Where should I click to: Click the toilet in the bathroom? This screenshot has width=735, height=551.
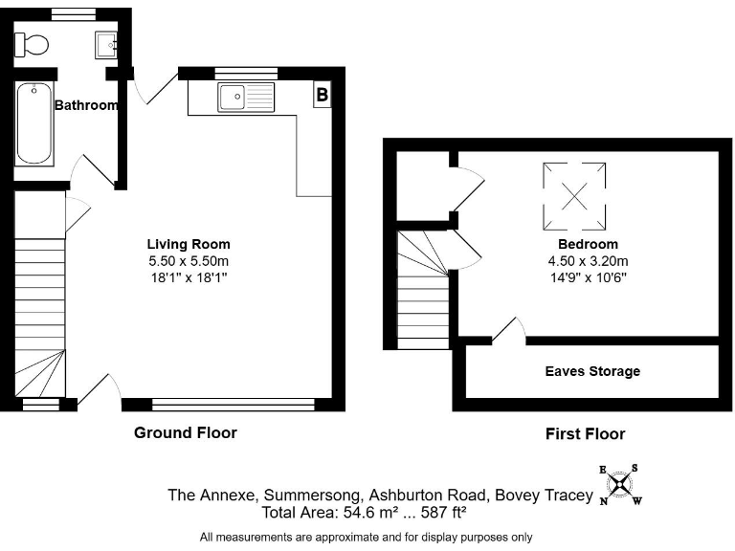tap(32, 45)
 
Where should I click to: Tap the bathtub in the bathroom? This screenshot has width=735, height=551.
tap(33, 123)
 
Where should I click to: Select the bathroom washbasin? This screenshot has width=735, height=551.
tap(106, 45)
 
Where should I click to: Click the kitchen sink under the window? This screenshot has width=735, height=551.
tap(246, 98)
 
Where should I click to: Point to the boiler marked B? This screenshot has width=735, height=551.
tap(322, 94)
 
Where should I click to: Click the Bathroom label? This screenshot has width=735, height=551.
tap(86, 105)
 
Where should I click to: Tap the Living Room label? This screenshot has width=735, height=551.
tap(189, 244)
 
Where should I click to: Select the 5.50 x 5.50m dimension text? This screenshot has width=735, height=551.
tap(189, 261)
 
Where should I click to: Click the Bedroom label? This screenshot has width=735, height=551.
tap(588, 244)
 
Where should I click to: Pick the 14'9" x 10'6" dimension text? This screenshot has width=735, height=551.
tap(589, 277)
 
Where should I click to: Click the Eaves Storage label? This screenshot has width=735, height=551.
tap(592, 371)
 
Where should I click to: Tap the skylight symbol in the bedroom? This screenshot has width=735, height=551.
tap(574, 196)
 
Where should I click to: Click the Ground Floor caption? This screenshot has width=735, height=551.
tap(186, 432)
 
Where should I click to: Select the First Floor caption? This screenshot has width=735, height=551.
tap(585, 434)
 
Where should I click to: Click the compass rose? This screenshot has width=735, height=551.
tap(620, 485)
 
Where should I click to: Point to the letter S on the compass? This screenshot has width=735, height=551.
tap(635, 468)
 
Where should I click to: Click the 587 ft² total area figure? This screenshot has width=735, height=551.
tap(443, 512)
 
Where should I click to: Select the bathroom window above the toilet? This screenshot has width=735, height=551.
tap(73, 15)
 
